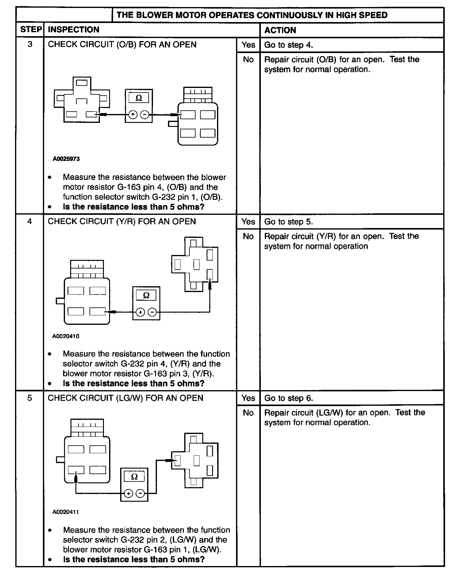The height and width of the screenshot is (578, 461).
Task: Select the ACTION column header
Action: [280, 30]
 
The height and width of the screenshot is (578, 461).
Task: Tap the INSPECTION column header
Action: [74, 30]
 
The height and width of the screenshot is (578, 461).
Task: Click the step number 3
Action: [30, 44]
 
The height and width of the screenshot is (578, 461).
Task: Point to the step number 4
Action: [30, 221]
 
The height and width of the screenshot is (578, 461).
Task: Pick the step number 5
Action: [30, 398]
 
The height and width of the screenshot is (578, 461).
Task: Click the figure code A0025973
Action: [66, 159]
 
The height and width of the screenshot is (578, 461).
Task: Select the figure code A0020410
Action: [66, 336]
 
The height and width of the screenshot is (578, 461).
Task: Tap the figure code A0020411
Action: [66, 512]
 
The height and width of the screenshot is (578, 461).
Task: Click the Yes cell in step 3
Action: [248, 45]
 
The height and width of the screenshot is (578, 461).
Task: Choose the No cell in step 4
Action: [248, 236]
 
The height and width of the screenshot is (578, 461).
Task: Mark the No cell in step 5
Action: [248, 413]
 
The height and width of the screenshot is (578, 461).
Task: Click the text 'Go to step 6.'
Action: [288, 398]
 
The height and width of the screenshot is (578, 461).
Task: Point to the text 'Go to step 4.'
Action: [288, 45]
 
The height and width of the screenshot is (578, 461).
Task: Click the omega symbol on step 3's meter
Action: [139, 98]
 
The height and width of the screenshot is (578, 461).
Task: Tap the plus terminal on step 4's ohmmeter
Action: [140, 312]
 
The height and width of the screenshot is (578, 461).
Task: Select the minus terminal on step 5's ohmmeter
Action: [140, 493]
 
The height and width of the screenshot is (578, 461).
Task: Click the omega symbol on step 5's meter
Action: [134, 477]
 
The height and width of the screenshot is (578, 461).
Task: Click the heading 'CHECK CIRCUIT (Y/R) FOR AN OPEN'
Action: [122, 221]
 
